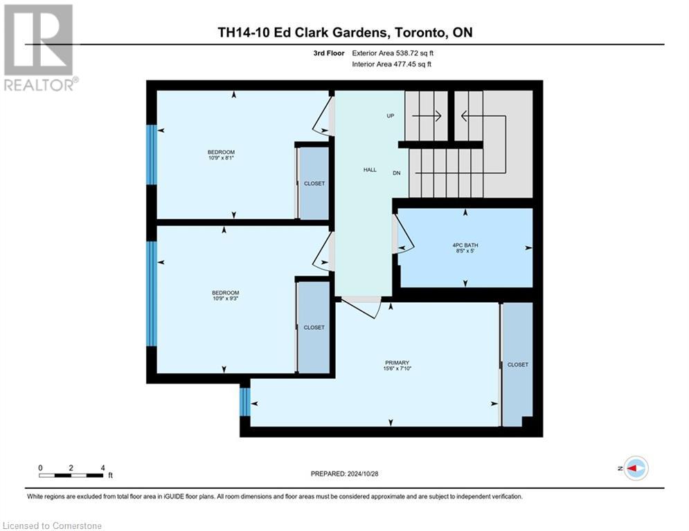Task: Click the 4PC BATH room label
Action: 465,245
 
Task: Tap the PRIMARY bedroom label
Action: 397,363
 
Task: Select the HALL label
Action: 370,169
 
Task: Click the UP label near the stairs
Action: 391,116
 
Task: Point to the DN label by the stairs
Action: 397,173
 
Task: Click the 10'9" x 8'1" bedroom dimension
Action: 221,158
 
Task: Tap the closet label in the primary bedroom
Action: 517,364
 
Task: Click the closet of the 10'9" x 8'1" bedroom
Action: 314,183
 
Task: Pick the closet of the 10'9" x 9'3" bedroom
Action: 314,327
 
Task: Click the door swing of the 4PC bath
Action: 403,235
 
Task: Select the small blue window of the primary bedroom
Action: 244,402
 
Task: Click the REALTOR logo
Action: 39,48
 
